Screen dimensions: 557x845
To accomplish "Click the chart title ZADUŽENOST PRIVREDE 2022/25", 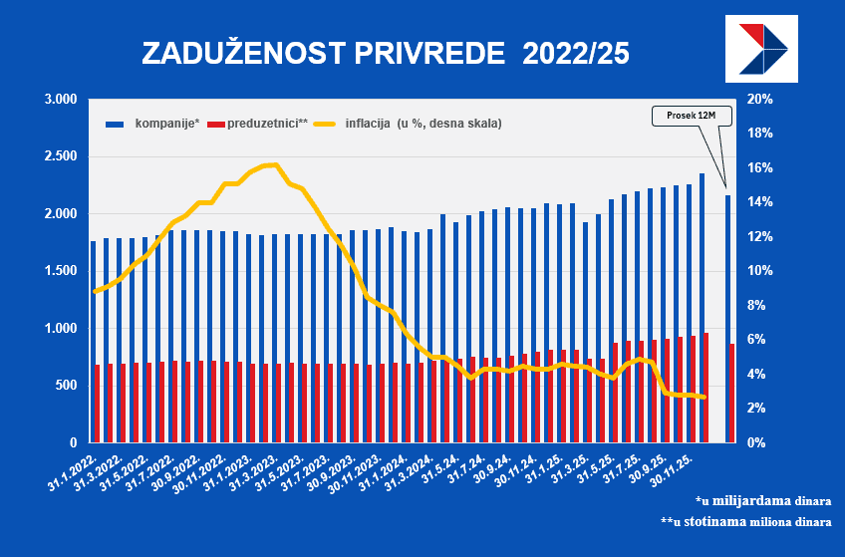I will (x=386, y=53).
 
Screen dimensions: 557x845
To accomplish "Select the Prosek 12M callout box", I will (x=692, y=116).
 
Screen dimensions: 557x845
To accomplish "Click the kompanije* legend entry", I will (x=154, y=124).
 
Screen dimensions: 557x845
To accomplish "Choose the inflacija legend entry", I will (x=409, y=124).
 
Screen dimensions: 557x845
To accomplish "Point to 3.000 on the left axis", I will (x=61, y=100).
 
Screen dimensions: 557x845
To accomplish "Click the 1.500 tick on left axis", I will (x=61, y=271).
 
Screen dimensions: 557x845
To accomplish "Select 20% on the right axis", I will (x=760, y=100).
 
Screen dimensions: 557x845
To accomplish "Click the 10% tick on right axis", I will (x=760, y=271).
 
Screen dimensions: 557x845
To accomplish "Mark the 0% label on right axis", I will (x=757, y=442).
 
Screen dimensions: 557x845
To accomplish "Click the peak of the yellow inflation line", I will (x=273, y=164).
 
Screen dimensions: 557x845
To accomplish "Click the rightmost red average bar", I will (x=732, y=393).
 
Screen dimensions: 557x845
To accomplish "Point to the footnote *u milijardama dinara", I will (x=763, y=500).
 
